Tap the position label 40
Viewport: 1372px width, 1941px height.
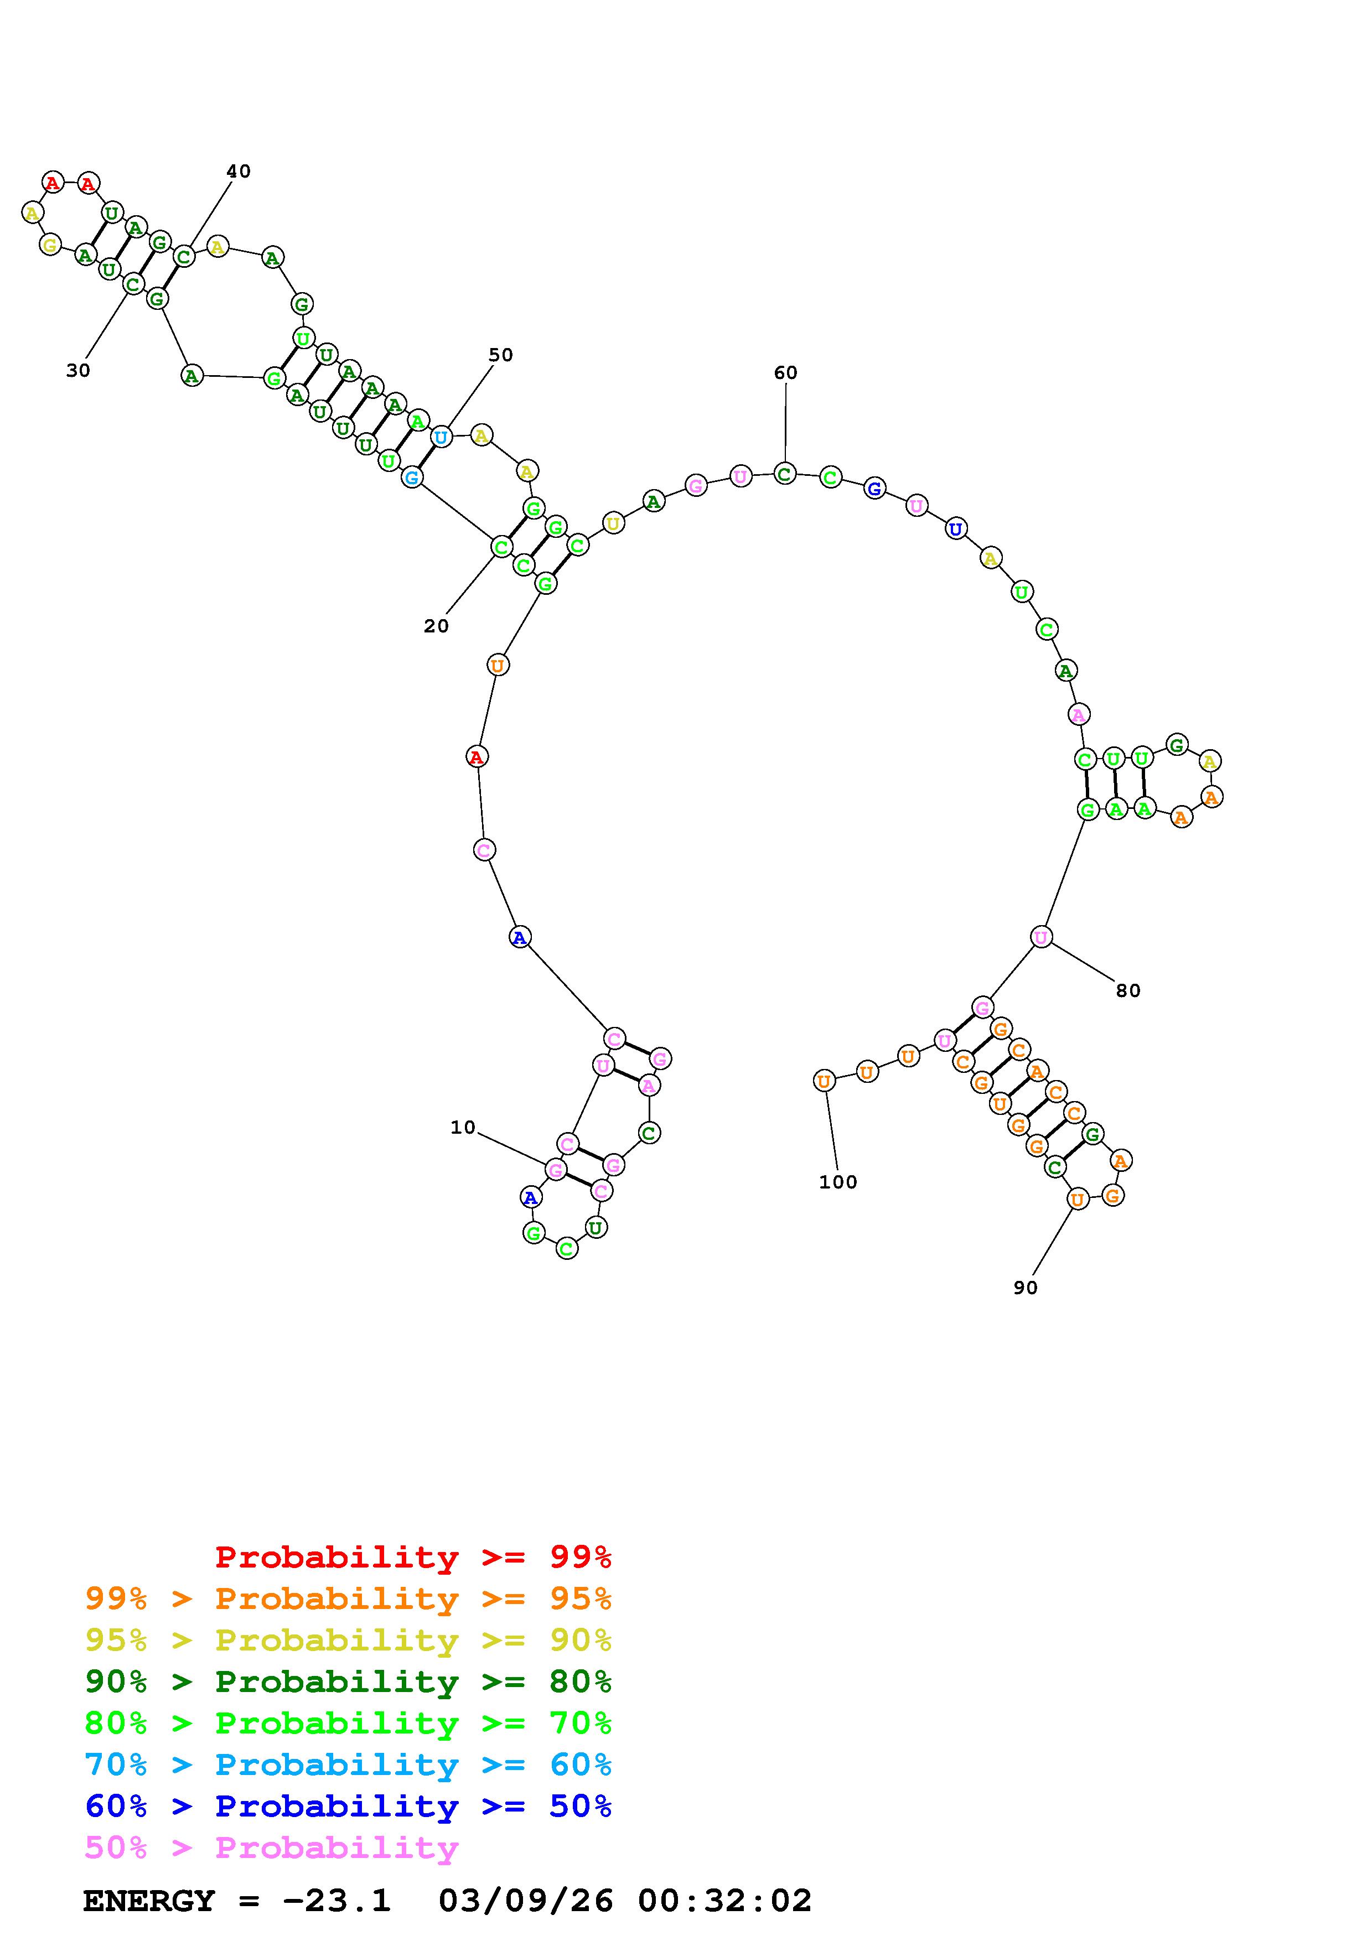click(x=239, y=172)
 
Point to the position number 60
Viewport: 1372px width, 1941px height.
click(x=785, y=373)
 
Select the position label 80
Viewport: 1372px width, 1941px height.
click(x=1128, y=991)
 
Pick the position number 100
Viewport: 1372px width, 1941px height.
click(x=838, y=1182)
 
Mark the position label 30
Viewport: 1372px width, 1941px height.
click(x=78, y=370)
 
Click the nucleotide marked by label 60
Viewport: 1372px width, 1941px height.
click(x=784, y=474)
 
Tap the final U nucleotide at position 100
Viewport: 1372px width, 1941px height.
click(x=824, y=1081)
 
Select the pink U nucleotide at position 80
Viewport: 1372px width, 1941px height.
click(x=1040, y=937)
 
